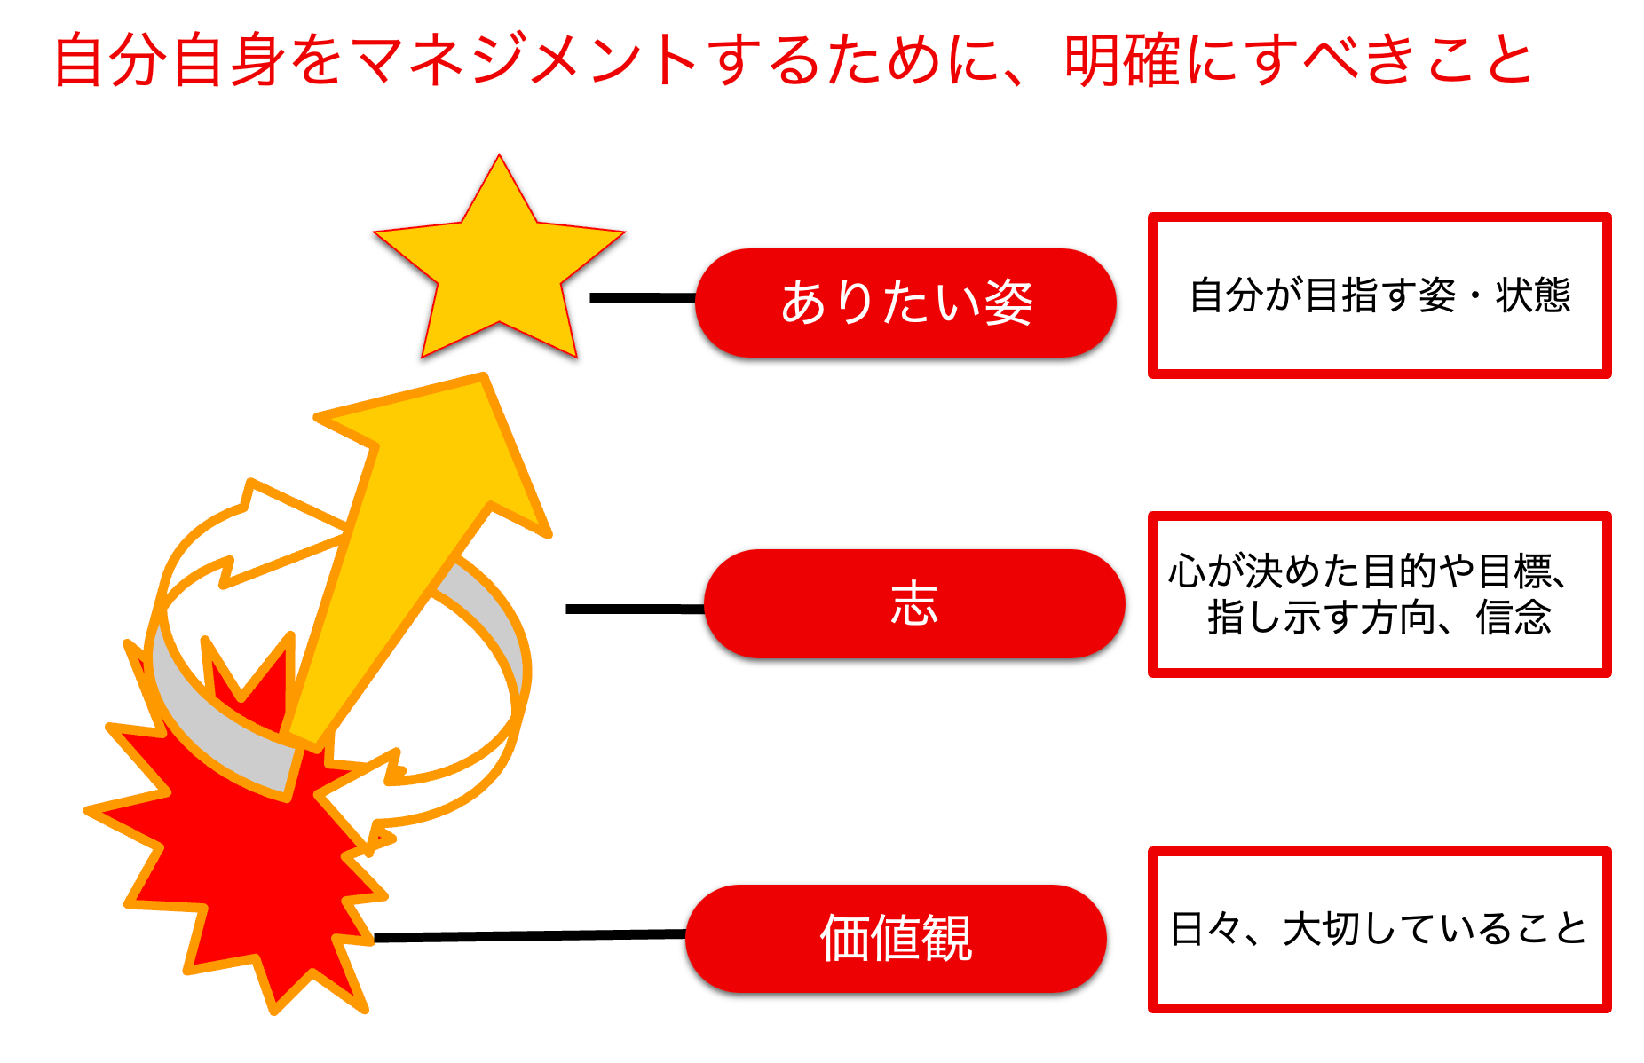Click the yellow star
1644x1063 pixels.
click(x=499, y=266)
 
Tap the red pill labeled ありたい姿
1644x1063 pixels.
click(x=905, y=303)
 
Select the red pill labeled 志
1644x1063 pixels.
click(x=914, y=604)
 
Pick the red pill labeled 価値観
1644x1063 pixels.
click(x=896, y=938)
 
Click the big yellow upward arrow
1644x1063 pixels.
click(x=417, y=532)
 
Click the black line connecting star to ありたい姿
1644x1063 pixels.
click(x=643, y=298)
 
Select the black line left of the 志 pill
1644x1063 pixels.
click(x=635, y=609)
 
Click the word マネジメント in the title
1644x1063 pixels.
click(x=524, y=60)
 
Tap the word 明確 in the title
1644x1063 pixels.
click(x=1123, y=60)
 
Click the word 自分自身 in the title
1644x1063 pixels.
click(x=169, y=60)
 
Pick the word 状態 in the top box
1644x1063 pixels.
click(x=1533, y=295)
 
